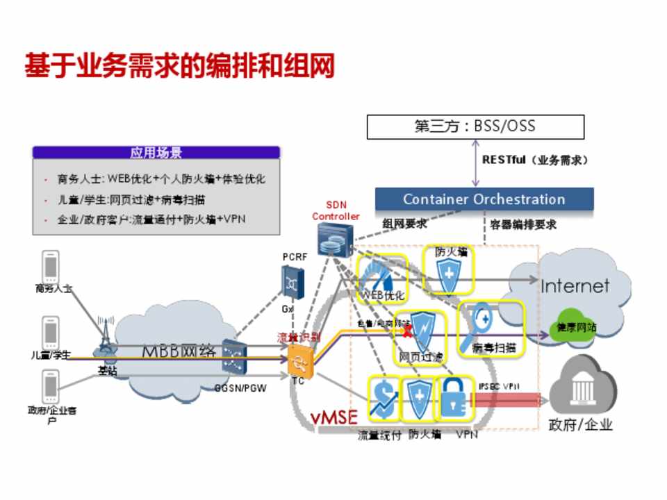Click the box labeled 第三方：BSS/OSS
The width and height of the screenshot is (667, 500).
click(x=475, y=127)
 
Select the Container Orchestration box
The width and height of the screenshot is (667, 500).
click(x=484, y=199)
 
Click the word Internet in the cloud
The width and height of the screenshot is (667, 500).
click(x=575, y=285)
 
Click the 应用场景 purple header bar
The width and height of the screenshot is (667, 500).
click(x=156, y=153)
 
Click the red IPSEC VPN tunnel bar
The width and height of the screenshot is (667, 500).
click(x=507, y=399)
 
